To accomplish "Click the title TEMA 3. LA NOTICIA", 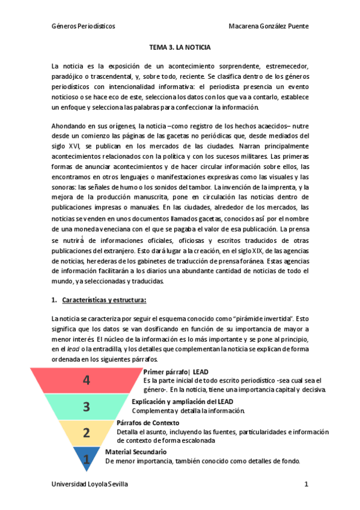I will [x=180, y=47].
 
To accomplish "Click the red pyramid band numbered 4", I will [x=87, y=380].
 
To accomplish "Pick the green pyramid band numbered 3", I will [x=87, y=407].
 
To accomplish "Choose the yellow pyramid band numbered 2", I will [x=87, y=432].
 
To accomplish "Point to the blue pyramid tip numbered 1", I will [x=87, y=459].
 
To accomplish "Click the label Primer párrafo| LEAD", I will [x=176, y=372].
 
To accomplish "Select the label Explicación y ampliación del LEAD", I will [x=182, y=401].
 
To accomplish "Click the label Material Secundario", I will [x=136, y=452].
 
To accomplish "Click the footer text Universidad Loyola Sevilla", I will [x=90, y=484].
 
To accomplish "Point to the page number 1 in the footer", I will [x=306, y=484].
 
